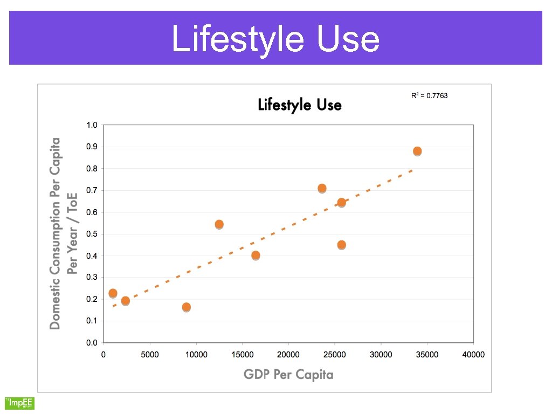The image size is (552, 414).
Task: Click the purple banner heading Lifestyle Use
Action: [275, 39]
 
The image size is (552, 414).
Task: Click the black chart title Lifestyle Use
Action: [300, 105]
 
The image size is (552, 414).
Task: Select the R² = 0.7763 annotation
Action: [429, 95]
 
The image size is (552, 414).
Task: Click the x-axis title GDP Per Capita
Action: [288, 374]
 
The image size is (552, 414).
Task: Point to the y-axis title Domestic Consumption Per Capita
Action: [54, 233]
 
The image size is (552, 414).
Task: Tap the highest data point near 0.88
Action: [417, 151]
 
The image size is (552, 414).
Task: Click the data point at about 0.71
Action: [322, 188]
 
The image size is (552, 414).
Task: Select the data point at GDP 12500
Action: [219, 224]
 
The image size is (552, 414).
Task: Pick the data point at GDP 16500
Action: [256, 255]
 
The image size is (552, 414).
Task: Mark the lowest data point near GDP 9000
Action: [187, 307]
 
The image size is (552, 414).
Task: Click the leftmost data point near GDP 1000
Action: [113, 293]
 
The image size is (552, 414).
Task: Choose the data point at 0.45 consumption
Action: [341, 245]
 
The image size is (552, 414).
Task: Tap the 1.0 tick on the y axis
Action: [92, 125]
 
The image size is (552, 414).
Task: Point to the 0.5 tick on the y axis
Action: [92, 234]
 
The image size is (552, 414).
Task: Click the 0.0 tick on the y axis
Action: [92, 343]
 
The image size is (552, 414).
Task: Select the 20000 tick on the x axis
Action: [288, 355]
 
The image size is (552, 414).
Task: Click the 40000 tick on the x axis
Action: [474, 355]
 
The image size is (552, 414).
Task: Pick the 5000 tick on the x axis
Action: [150, 355]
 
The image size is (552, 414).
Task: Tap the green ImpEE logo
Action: [19, 403]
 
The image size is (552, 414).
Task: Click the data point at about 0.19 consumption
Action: [125, 301]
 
